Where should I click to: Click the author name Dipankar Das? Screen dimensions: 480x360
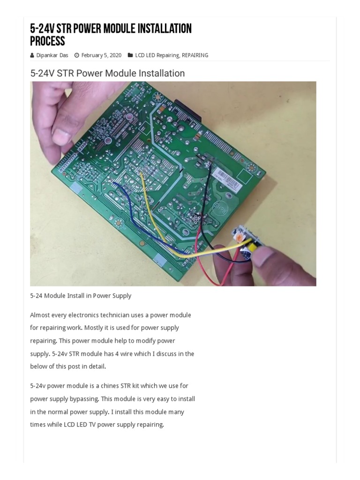click(x=52, y=55)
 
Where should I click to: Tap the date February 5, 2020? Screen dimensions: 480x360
click(x=101, y=55)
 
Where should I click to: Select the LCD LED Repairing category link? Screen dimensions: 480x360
click(x=157, y=55)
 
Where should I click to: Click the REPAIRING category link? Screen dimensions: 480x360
click(x=195, y=55)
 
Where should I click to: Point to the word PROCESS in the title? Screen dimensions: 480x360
click(x=47, y=41)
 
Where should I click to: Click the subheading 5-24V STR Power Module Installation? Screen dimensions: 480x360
click(x=107, y=73)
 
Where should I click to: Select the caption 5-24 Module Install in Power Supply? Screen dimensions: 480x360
click(x=81, y=296)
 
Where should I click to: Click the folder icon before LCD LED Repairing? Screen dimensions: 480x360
click(x=130, y=55)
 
